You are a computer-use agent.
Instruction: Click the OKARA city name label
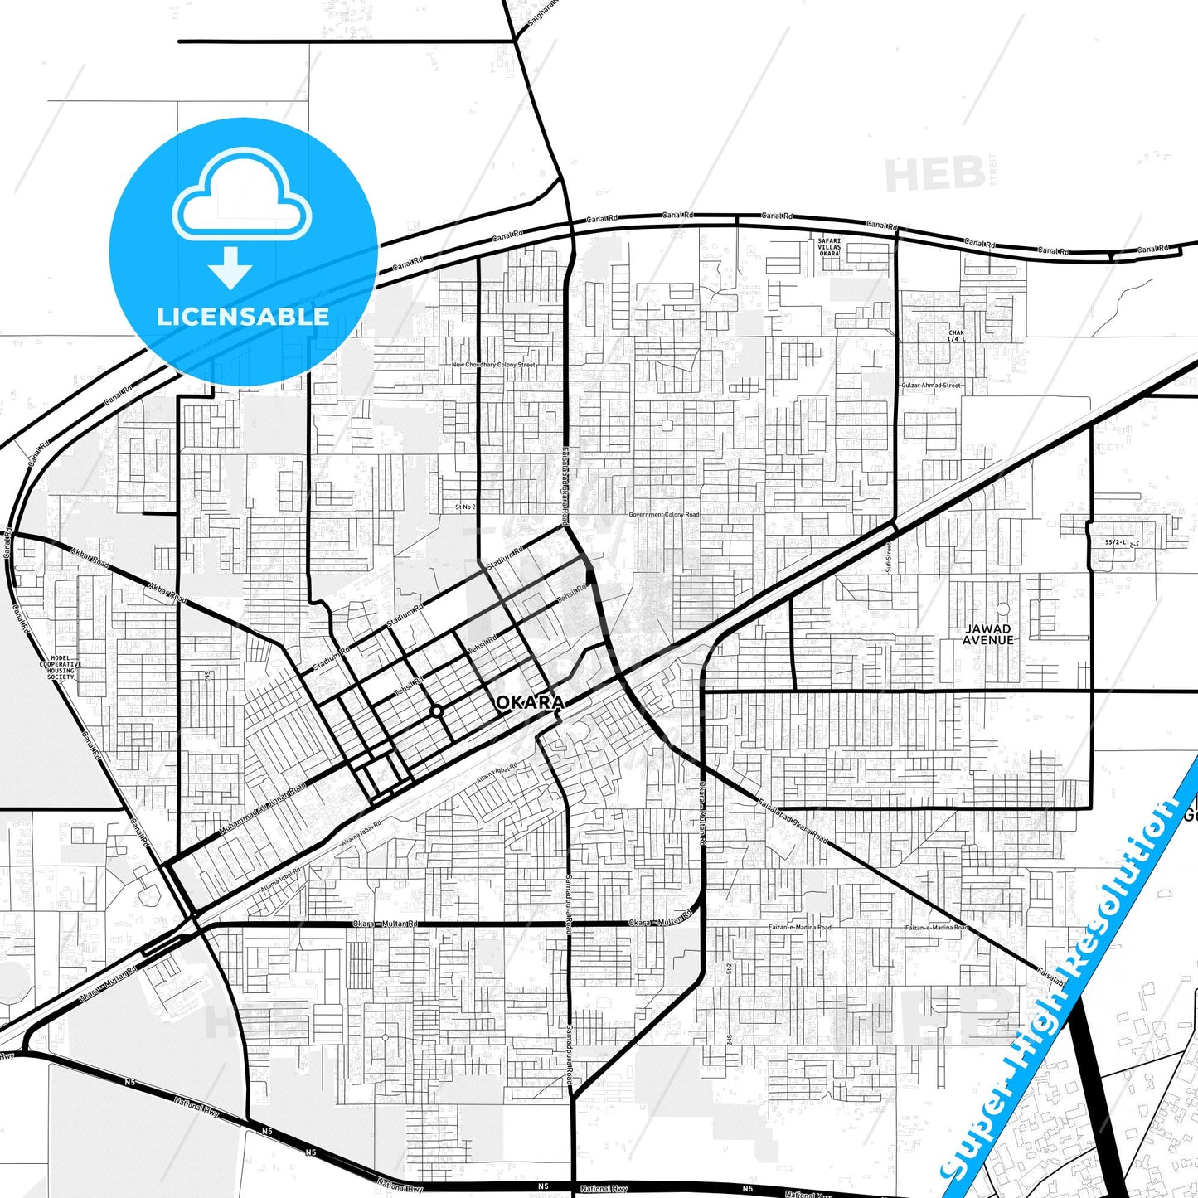click(530, 703)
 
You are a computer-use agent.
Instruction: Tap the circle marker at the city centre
click(436, 711)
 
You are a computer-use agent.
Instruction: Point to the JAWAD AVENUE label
click(988, 634)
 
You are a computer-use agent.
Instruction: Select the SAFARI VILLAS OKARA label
click(829, 247)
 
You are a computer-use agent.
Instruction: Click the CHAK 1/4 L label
click(957, 336)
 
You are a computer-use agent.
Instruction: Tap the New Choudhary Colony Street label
click(493, 365)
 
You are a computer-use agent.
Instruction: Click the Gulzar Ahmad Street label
click(930, 386)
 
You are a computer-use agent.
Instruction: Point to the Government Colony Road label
click(663, 515)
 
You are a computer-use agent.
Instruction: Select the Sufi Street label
click(887, 557)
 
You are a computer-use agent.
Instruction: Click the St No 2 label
click(465, 507)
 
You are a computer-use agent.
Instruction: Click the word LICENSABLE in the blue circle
click(243, 316)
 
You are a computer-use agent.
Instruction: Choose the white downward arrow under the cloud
click(230, 267)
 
